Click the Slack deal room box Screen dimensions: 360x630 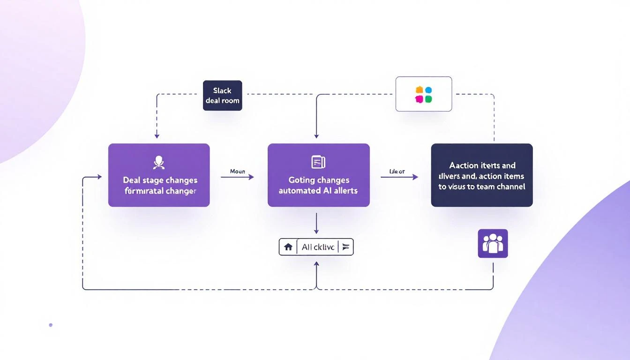pos(222,96)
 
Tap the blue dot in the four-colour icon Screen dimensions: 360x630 pos(428,90)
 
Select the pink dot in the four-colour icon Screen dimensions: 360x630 pos(419,99)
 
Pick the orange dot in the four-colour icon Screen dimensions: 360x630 pos(419,90)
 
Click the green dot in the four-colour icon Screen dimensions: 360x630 pos(428,99)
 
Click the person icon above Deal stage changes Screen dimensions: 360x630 pos(159,163)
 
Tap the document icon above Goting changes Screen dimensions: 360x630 pos(318,162)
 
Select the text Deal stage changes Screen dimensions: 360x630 pos(160,180)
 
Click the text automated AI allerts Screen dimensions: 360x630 pos(318,191)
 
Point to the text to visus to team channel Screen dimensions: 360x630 pos(481,187)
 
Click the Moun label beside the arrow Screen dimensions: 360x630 pos(237,172)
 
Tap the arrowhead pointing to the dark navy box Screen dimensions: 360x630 pos(415,177)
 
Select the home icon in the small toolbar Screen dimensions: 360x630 pos(288,247)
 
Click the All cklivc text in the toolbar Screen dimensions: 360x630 pos(318,247)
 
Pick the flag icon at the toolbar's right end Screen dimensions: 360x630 pos(346,247)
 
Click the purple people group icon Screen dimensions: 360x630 pos(493,243)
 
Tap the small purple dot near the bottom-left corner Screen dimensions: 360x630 pos(51,325)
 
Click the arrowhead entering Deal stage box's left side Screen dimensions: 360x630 pos(99,177)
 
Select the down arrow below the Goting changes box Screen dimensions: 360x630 pos(316,231)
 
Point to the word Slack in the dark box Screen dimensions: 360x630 pos(222,91)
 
